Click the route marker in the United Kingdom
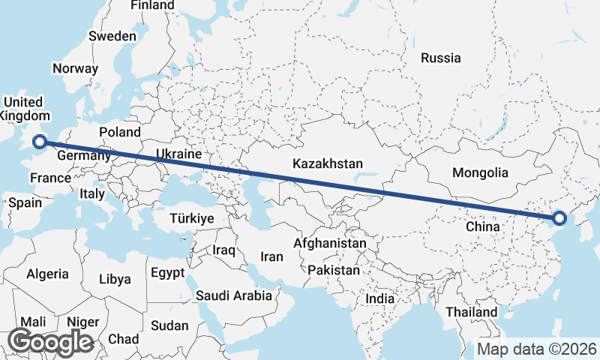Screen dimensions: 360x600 pyautogui.click(x=40, y=140)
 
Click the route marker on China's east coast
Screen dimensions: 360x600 pyautogui.click(x=559, y=219)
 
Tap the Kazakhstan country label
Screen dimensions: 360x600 pyautogui.click(x=328, y=163)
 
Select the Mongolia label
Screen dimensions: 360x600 pyautogui.click(x=480, y=172)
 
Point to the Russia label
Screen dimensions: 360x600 pyautogui.click(x=441, y=58)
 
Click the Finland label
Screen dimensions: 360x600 pyautogui.click(x=152, y=5)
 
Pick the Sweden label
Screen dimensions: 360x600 pyautogui.click(x=112, y=36)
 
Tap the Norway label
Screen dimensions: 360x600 pyautogui.click(x=75, y=68)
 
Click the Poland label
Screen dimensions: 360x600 pyautogui.click(x=120, y=132)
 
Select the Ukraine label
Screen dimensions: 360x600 pyautogui.click(x=179, y=154)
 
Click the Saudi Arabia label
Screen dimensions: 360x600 pyautogui.click(x=234, y=295)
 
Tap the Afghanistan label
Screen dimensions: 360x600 pyautogui.click(x=330, y=244)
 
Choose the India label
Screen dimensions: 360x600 pyautogui.click(x=380, y=298)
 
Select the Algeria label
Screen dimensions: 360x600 pyautogui.click(x=47, y=274)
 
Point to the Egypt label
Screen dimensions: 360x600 pyautogui.click(x=167, y=272)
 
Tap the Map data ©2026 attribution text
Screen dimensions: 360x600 pyautogui.click(x=537, y=349)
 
